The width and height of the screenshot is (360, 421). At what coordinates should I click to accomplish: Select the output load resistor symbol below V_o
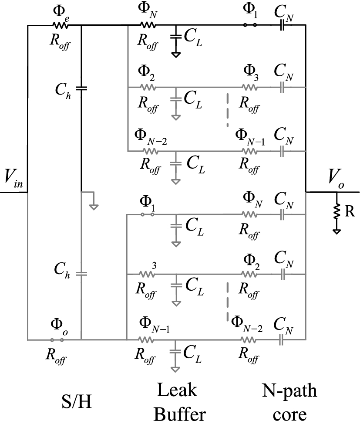coord(336,212)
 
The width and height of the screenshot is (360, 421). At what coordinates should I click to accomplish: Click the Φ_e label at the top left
coord(59,13)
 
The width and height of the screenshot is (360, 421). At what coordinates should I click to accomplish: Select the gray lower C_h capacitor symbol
coord(81,274)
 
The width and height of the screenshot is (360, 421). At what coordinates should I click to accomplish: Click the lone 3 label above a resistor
coord(154,265)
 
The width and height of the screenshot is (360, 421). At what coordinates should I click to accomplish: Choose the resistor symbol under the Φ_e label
coord(59,25)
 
